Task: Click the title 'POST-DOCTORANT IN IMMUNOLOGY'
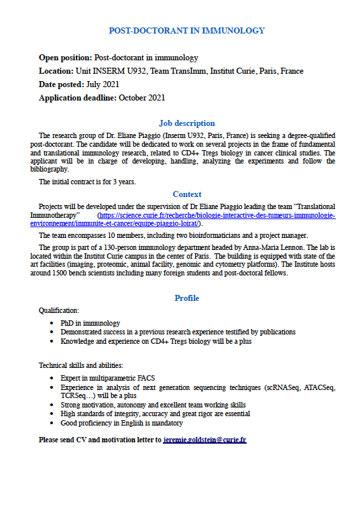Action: pos(186,31)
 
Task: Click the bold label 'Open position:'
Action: pos(65,58)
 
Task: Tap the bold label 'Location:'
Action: pos(56,71)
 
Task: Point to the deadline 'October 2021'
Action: pos(141,98)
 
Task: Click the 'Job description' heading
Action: pos(186,123)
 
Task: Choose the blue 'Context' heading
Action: pos(186,194)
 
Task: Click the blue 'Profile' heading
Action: pos(186,298)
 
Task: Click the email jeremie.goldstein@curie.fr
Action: pos(204,440)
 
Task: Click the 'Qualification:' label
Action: pos(60,311)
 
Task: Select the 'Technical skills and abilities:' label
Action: pos(81,365)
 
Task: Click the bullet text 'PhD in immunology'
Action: pos(91,323)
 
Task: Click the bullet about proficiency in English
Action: pos(121,423)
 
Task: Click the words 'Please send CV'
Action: pos(64,440)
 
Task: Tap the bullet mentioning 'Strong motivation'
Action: pos(153,405)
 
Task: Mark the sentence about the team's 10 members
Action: pos(173,235)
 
